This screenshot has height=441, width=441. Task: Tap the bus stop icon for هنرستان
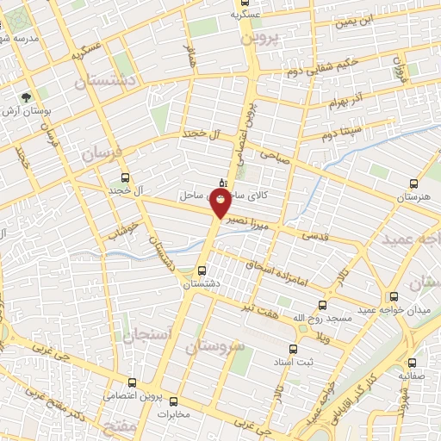point(414,183)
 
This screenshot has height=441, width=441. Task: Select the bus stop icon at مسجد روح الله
point(323,305)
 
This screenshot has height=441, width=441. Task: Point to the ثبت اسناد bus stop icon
point(293,349)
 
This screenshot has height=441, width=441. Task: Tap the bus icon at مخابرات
point(174,401)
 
